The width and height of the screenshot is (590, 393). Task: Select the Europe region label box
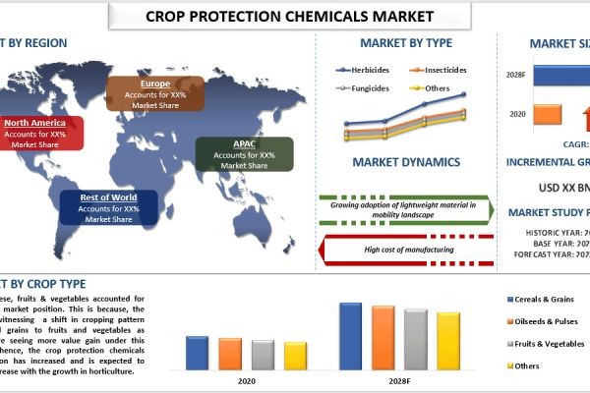point(154,91)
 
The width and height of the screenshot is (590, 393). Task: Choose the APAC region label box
point(243,153)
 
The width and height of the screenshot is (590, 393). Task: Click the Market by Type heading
point(405,43)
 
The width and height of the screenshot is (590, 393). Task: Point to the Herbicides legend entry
point(365,70)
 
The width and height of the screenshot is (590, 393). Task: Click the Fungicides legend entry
point(365,87)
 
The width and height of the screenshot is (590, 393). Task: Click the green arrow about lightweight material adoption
point(404,210)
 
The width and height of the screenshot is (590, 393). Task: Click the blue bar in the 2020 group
point(197,352)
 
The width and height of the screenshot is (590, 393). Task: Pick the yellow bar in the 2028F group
point(448,341)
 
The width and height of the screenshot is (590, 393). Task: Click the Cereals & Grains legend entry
point(542,298)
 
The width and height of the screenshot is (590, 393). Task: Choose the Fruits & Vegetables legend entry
point(545,345)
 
